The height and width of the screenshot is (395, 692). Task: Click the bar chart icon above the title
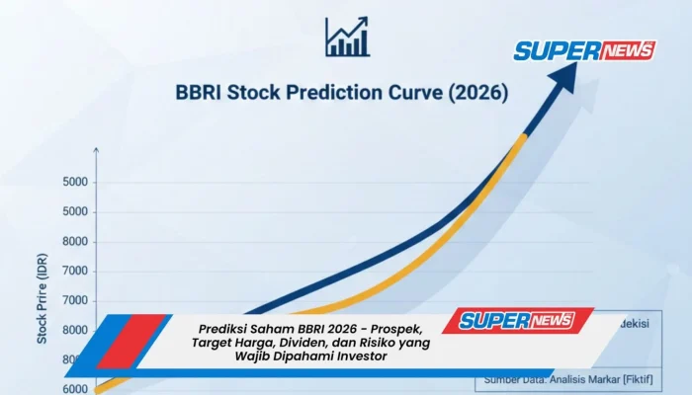(346, 37)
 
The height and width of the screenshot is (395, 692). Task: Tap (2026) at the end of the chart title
(476, 95)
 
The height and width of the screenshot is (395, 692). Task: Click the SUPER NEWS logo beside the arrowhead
(584, 50)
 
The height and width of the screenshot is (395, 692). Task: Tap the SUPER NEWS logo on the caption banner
(525, 320)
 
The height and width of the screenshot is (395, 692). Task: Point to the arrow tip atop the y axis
(96, 149)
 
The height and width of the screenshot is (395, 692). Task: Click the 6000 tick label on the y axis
(75, 389)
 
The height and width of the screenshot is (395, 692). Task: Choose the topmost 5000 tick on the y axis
(75, 182)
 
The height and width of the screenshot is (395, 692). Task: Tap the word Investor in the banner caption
(355, 356)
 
